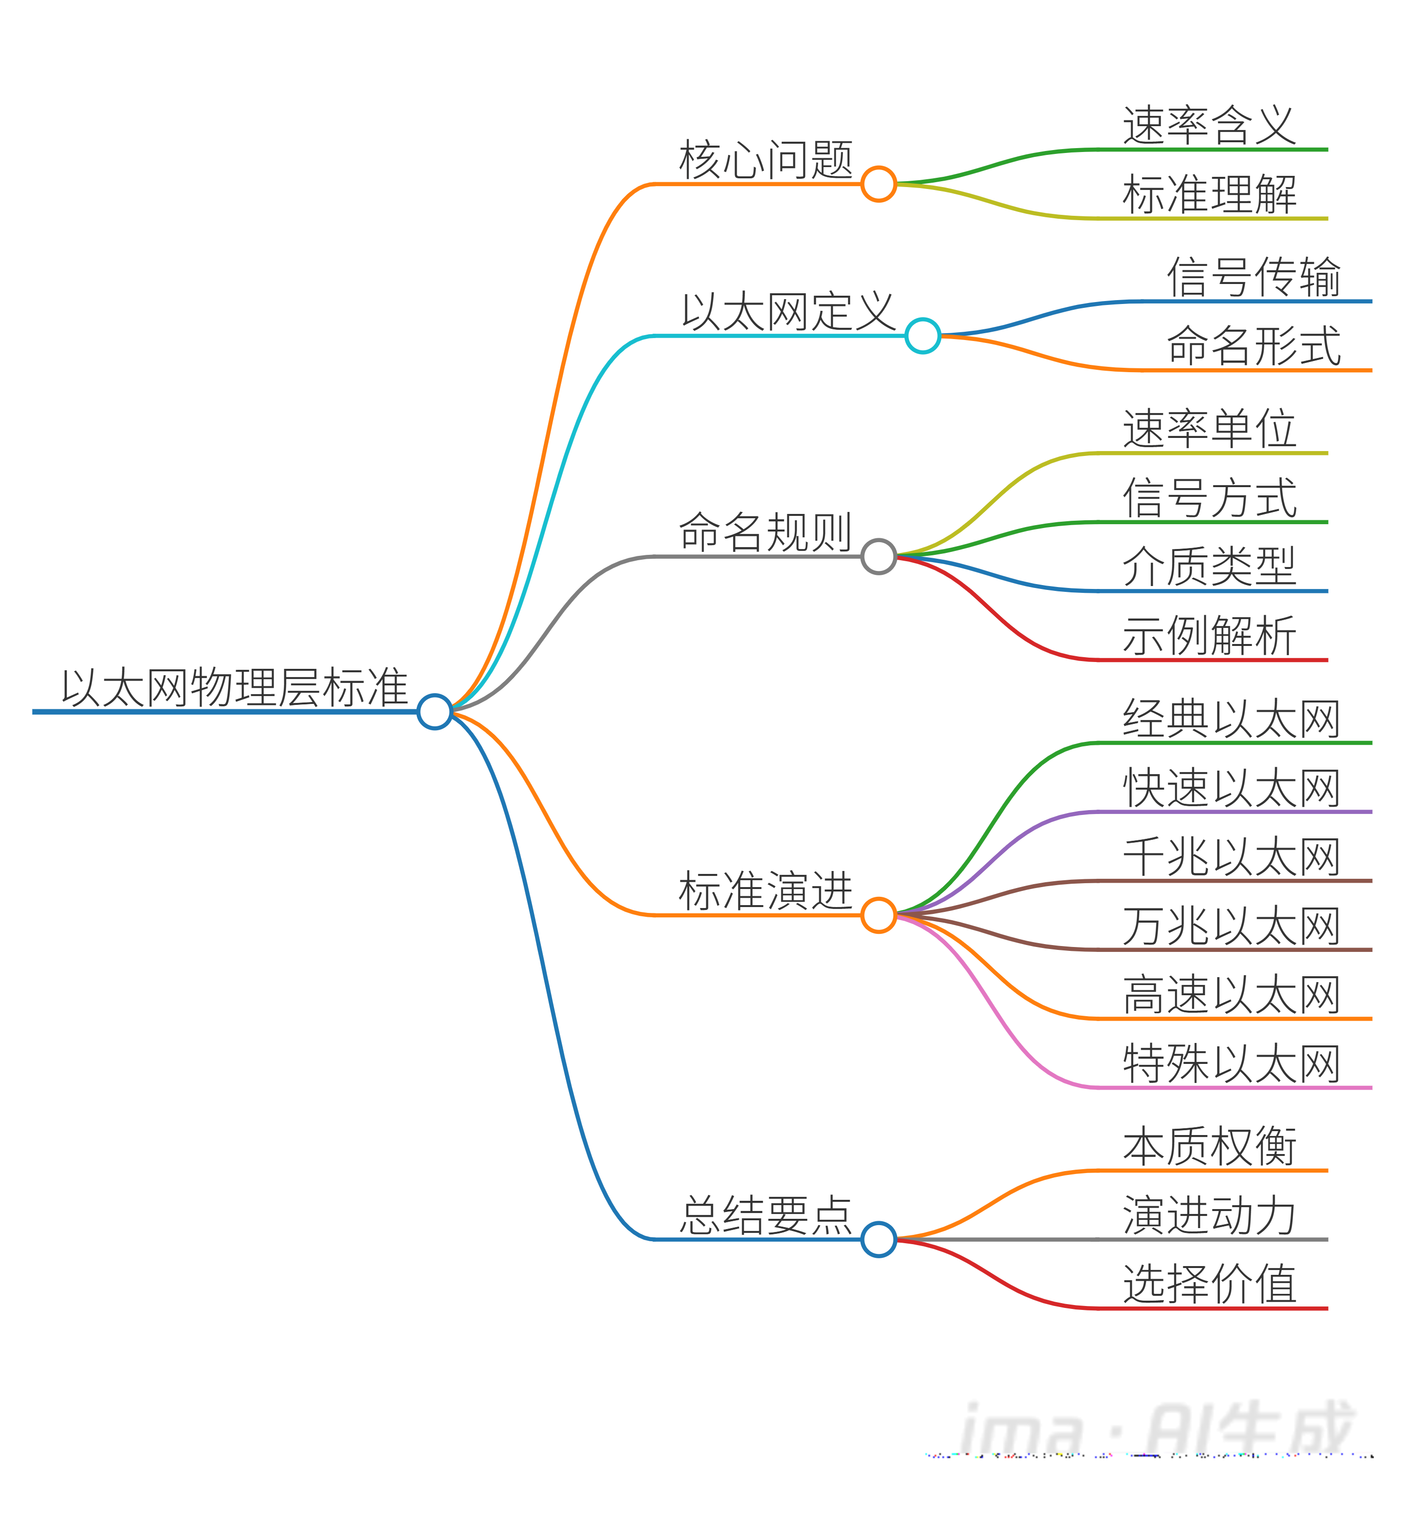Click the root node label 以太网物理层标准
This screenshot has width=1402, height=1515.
(235, 688)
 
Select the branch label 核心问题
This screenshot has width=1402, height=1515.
(766, 160)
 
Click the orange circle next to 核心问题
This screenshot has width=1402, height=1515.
(879, 184)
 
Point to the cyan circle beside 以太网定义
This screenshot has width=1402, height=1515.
(922, 336)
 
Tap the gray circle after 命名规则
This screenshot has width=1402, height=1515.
(879, 556)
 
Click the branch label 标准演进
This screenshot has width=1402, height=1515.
(766, 890)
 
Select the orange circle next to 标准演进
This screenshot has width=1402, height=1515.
(879, 915)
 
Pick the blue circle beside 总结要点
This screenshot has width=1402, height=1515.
(879, 1239)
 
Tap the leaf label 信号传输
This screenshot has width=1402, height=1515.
(1254, 277)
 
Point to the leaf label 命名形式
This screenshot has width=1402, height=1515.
(1254, 346)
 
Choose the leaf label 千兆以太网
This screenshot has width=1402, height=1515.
(1231, 856)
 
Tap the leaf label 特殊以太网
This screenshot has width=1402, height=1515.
(1231, 1063)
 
